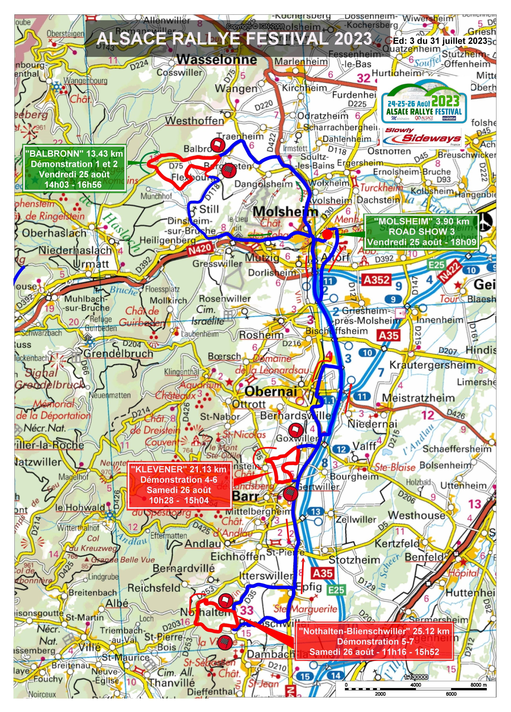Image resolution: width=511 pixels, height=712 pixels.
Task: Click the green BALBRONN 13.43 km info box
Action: pyautogui.click(x=74, y=169)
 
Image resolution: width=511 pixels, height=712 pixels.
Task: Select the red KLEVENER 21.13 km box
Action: pyautogui.click(x=179, y=485)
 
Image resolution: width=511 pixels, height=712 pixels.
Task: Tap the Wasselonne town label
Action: pyautogui.click(x=217, y=60)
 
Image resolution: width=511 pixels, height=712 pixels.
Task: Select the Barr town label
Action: pyautogui.click(x=246, y=496)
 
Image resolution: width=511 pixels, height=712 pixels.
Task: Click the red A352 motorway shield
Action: pyautogui.click(x=377, y=279)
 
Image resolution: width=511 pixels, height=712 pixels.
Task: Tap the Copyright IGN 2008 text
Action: pyautogui.click(x=255, y=26)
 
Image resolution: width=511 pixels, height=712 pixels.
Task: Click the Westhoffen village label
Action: pyautogui.click(x=195, y=120)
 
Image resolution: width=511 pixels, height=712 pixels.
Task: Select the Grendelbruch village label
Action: pyautogui.click(x=118, y=354)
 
